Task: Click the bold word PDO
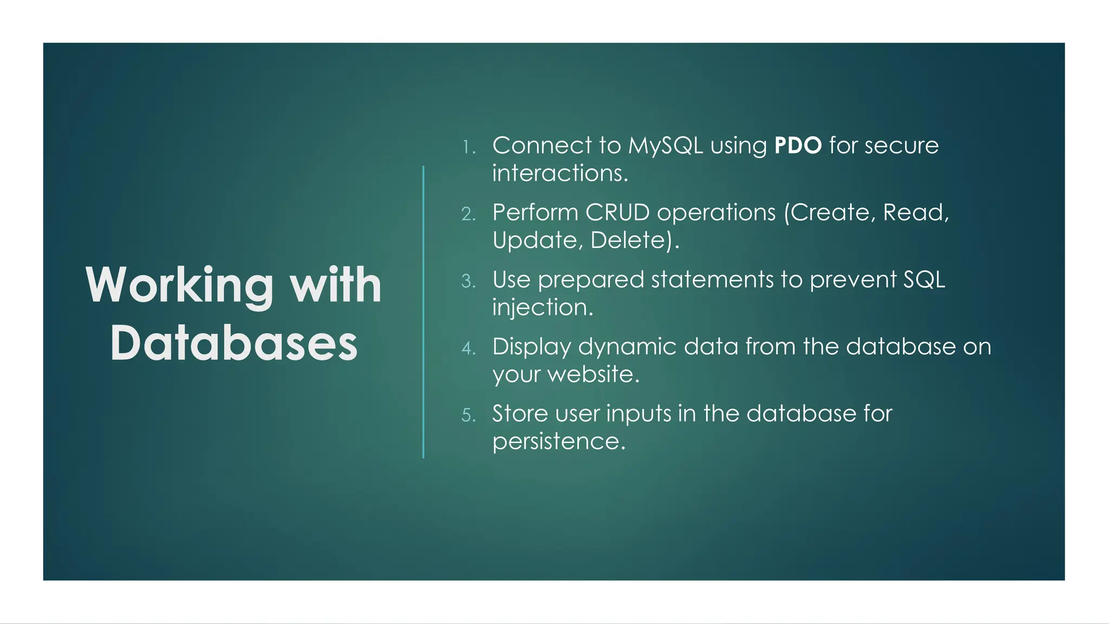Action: coord(798,146)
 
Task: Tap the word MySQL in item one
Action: coord(666,146)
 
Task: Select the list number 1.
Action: coord(468,147)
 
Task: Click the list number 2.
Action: coord(468,214)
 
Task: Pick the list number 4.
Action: coord(468,348)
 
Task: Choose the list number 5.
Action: coord(468,415)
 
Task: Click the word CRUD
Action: coord(617,212)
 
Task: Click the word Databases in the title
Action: coord(234,343)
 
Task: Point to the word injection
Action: coord(542,308)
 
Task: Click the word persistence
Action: coord(558,441)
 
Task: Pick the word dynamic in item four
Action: coord(627,347)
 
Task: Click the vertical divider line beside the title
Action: coord(423,312)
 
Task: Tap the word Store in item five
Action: coord(520,414)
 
